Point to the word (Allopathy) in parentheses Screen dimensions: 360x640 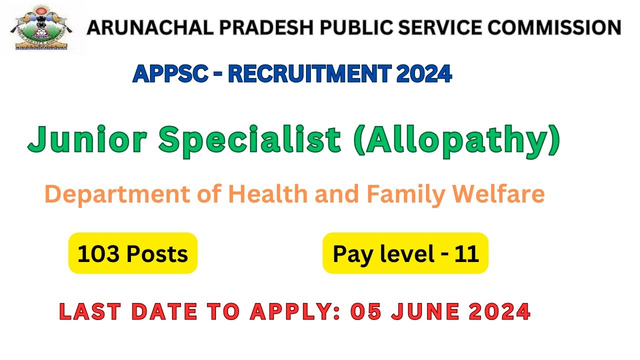pyautogui.click(x=457, y=141)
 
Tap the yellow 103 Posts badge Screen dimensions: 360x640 pyautogui.click(x=133, y=253)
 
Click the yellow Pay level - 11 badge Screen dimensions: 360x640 pyautogui.click(x=405, y=253)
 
